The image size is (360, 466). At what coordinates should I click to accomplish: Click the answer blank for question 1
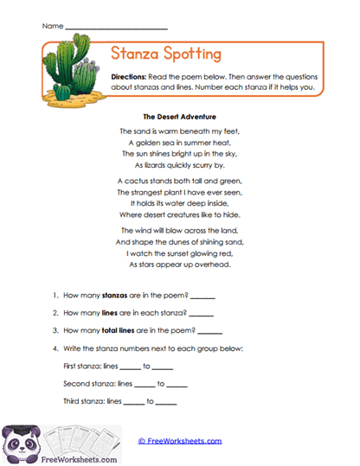[x=202, y=296]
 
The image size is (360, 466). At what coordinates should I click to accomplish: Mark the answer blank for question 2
[x=200, y=313]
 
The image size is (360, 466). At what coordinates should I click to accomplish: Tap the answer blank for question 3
[x=210, y=330]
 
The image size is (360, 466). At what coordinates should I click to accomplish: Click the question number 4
[x=55, y=348]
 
